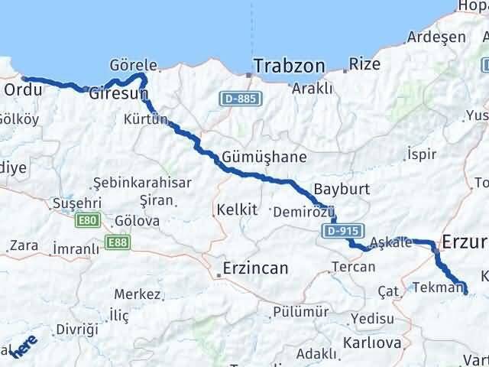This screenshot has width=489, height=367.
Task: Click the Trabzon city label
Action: click(289, 67)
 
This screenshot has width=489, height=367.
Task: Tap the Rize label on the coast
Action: click(364, 64)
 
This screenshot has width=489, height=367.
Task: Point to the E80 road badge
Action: click(87, 220)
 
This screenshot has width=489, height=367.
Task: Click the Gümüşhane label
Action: click(264, 158)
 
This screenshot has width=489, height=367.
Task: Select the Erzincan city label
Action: click(254, 268)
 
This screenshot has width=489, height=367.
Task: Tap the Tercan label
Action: click(353, 267)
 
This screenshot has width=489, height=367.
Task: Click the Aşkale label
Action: click(390, 243)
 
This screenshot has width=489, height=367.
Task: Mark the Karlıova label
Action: click(372, 343)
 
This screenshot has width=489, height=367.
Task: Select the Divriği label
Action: click(77, 330)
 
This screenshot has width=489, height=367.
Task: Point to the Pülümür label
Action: click(300, 312)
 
